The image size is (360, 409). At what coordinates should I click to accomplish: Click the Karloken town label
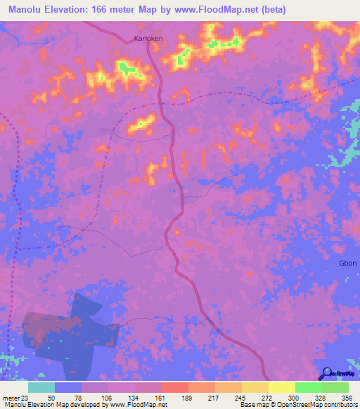[148, 39]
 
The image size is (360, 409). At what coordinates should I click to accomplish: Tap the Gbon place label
[348, 264]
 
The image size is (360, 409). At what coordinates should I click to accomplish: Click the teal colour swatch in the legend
[41, 387]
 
